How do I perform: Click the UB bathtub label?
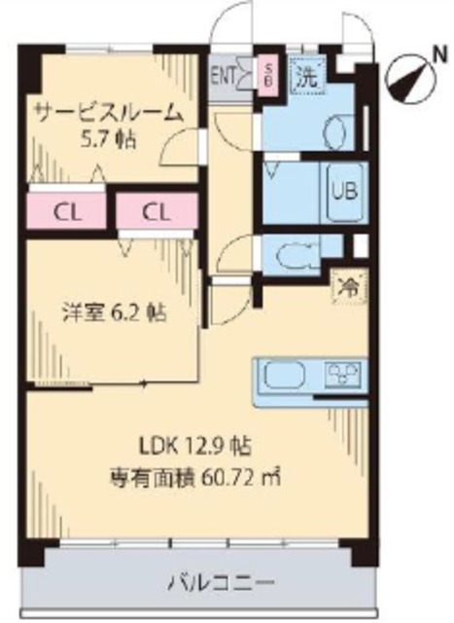tap(344, 191)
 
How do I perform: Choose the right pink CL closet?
tap(155, 210)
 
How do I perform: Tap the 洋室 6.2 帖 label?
tap(100, 313)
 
